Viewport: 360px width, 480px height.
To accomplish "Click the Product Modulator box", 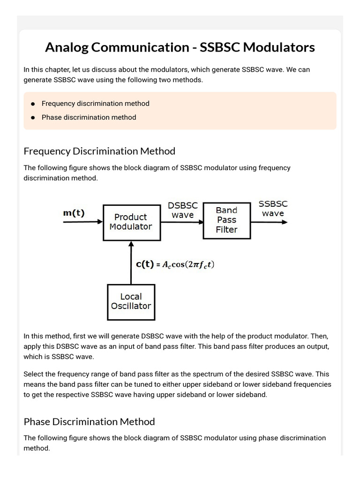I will click(x=131, y=222).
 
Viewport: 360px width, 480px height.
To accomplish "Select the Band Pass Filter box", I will click(x=226, y=220).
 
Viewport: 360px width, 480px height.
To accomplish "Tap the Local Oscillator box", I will click(x=131, y=301).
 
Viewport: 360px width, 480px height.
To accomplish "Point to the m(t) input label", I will click(x=74, y=213).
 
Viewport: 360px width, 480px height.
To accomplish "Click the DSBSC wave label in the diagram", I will click(x=183, y=210).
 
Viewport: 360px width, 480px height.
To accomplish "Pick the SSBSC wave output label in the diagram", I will click(x=273, y=209).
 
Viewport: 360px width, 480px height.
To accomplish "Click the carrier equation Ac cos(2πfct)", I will click(x=188, y=265).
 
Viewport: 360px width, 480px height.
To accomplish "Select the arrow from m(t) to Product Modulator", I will click(x=83, y=222).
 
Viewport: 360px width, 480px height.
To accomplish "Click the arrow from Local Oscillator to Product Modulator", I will click(x=131, y=262).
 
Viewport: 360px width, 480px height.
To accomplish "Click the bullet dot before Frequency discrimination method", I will click(x=33, y=104).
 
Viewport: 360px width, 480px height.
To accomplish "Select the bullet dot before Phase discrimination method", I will click(x=33, y=118).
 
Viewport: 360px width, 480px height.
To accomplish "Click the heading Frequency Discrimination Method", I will click(x=99, y=151).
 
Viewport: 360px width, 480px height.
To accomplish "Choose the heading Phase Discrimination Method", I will click(x=89, y=421).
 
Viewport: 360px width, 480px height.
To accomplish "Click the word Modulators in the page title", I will click(x=281, y=47).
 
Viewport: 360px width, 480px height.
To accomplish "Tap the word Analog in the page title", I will click(x=68, y=47).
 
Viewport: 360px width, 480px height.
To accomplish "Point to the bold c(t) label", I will click(x=144, y=264).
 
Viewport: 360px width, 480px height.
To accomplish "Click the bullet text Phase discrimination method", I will click(x=89, y=117).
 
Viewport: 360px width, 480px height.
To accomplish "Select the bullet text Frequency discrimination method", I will click(x=95, y=103).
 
